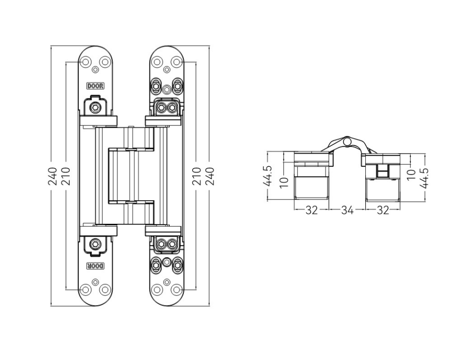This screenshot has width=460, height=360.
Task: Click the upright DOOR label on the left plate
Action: pos(95,86)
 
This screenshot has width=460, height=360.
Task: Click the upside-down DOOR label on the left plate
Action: pos(95,266)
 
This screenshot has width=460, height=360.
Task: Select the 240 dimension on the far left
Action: pos(53,176)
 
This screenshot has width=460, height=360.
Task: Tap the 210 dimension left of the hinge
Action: pos(66,176)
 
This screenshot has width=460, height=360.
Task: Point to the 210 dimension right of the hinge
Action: pos(198,176)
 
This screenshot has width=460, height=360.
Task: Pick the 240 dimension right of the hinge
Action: pos(210,176)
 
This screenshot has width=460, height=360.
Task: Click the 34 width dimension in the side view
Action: pos(347,210)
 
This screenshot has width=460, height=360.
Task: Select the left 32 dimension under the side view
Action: pos(312,210)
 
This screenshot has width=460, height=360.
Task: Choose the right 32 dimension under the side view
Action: pos(383,210)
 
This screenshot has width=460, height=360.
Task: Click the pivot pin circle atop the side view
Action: pos(347,141)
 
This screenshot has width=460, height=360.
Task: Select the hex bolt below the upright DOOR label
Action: pos(96,108)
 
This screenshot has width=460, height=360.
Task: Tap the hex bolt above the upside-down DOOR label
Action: pos(96,244)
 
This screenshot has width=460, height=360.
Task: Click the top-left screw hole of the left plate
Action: pos(86,62)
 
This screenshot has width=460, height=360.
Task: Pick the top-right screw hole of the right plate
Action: pos(176,62)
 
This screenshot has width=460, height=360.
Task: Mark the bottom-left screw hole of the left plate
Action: pos(86,289)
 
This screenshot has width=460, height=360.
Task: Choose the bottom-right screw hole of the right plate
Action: pos(176,289)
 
